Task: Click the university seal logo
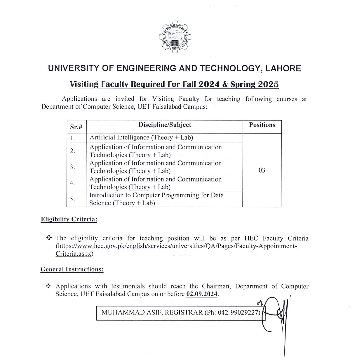click(175, 37)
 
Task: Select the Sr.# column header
click(76, 127)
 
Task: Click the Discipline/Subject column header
click(165, 125)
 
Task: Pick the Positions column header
click(262, 125)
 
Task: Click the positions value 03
click(262, 170)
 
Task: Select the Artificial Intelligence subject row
click(141, 138)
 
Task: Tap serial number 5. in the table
click(72, 199)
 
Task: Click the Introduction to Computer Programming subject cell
click(156, 199)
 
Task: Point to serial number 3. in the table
click(72, 167)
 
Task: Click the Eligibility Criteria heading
click(69, 219)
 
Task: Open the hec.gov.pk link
click(176, 246)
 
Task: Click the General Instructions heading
click(72, 269)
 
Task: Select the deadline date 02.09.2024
click(202, 294)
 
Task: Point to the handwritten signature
click(276, 314)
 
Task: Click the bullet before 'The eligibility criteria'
click(49, 238)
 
